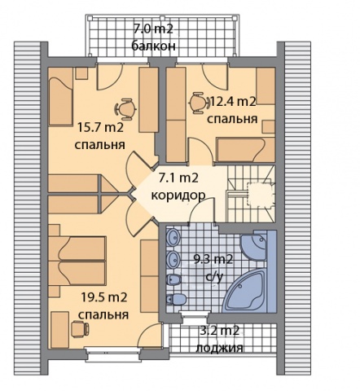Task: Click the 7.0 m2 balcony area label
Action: coord(153,29)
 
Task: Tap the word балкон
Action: coord(153,46)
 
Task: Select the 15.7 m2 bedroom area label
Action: coord(100,127)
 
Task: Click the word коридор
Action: coord(178,195)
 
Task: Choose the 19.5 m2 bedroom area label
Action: coord(104,297)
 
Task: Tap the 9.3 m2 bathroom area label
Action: coord(213,260)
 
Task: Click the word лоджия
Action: coord(220,348)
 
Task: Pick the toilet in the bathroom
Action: coord(176,300)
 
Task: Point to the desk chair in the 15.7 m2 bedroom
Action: coord(125,108)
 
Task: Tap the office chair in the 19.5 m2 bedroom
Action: coord(80,329)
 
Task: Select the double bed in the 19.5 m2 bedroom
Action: coord(77,261)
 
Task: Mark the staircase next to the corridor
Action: coord(251,194)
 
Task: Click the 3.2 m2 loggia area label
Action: coord(220,331)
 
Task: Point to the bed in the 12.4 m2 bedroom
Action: coord(246,150)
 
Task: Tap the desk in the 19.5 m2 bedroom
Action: coord(59,329)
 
